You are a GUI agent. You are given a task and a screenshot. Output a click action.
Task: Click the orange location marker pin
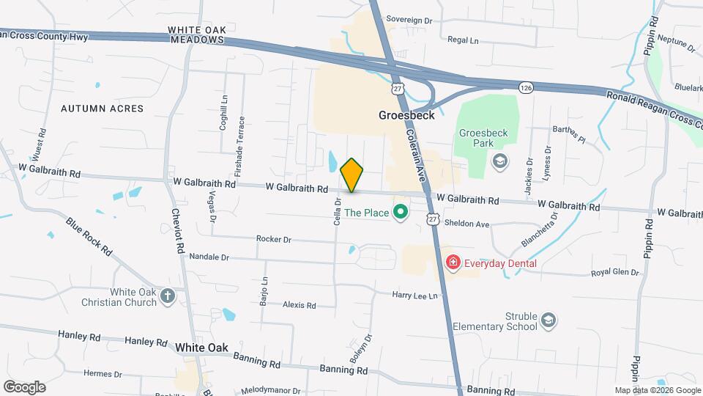tap(351, 175)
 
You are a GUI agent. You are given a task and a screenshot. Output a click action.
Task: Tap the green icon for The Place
tap(400, 213)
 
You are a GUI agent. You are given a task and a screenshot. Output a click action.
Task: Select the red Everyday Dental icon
tap(453, 263)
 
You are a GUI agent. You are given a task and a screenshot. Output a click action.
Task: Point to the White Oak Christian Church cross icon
tap(168, 297)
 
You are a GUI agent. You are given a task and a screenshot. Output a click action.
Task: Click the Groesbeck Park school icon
tap(501, 161)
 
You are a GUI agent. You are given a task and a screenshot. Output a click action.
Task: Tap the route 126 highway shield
tap(525, 87)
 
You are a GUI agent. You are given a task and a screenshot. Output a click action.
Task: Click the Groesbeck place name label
tap(406, 115)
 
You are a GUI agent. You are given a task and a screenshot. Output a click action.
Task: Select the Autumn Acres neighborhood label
tap(102, 109)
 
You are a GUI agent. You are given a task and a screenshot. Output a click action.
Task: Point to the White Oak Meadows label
tap(196, 34)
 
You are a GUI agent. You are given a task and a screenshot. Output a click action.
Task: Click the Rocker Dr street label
tap(274, 239)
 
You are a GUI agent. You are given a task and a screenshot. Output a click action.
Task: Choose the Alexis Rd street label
tap(299, 305)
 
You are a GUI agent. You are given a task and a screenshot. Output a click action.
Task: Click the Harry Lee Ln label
tap(414, 296)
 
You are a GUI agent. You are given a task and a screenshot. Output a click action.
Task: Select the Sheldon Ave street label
tap(466, 224)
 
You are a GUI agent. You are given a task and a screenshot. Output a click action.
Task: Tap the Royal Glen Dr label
tap(615, 272)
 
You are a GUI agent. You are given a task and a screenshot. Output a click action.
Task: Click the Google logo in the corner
tap(24, 387)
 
